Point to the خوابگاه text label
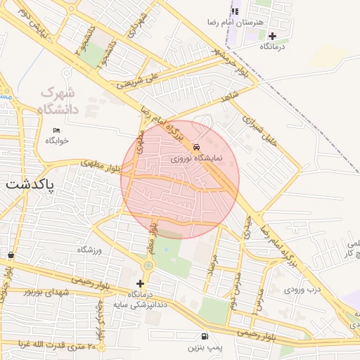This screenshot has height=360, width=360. click(x=57, y=141)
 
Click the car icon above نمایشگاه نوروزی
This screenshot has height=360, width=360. click(x=196, y=147)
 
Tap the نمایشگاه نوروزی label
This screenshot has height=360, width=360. click(x=196, y=159)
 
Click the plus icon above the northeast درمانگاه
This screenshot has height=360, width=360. click(x=273, y=35)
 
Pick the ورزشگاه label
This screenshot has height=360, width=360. click(x=89, y=250)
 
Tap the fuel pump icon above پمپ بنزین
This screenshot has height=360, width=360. click(x=205, y=336)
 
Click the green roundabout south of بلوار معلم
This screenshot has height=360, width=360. click(x=148, y=266)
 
